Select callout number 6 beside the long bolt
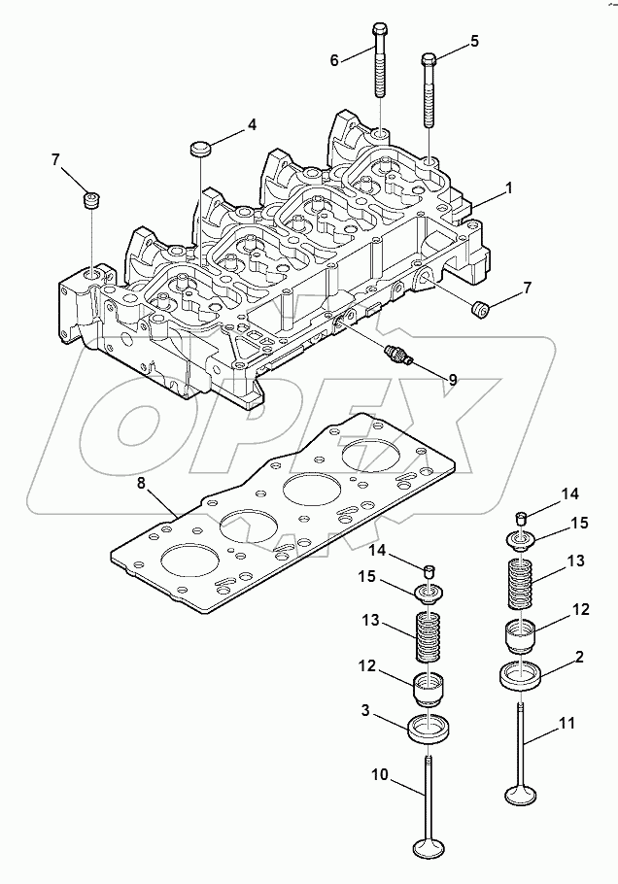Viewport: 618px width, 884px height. pyautogui.click(x=335, y=60)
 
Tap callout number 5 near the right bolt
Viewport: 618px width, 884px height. pyautogui.click(x=475, y=41)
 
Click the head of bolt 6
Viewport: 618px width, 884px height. pyautogui.click(x=379, y=27)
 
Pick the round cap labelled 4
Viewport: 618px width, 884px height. pyautogui.click(x=200, y=149)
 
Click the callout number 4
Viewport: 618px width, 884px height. pyautogui.click(x=252, y=125)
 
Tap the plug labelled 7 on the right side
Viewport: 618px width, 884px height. pyautogui.click(x=478, y=310)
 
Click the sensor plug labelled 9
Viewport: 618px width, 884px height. pyautogui.click(x=396, y=355)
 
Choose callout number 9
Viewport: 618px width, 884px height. pyautogui.click(x=452, y=379)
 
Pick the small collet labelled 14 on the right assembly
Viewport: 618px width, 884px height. pyautogui.click(x=520, y=516)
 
